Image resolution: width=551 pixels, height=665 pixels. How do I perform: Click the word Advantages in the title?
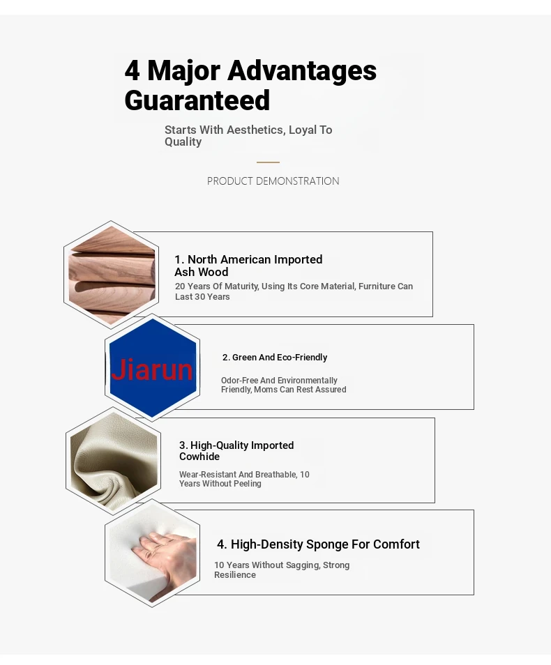(302, 70)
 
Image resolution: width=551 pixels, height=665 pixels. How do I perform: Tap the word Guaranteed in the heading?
(197, 100)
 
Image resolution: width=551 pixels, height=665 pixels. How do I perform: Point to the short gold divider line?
(268, 162)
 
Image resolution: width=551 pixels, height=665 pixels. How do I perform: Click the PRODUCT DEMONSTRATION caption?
(273, 181)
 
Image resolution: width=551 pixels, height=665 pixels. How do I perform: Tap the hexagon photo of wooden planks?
(111, 275)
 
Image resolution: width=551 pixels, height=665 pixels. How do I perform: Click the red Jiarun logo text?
(152, 369)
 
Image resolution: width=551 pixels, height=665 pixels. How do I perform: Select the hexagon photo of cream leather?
(114, 461)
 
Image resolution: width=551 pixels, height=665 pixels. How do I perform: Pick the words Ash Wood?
(201, 272)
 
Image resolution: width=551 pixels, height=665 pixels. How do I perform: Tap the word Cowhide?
(199, 457)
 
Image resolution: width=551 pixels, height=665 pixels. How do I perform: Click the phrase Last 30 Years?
(202, 297)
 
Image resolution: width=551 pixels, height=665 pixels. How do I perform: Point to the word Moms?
(265, 390)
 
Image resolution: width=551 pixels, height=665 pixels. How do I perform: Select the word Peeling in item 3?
(247, 484)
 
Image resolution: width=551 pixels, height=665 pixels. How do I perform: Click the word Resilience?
(235, 574)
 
